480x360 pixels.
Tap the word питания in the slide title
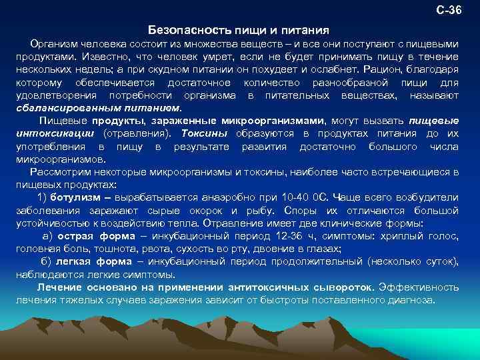(307, 31)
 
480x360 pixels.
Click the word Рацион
(385, 69)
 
